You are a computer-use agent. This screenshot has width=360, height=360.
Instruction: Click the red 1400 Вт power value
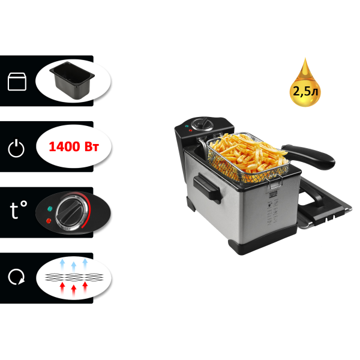coord(73,146)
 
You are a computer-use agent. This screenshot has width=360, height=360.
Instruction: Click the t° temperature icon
coord(18,211)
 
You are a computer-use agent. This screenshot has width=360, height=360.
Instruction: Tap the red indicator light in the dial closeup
coord(49,221)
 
